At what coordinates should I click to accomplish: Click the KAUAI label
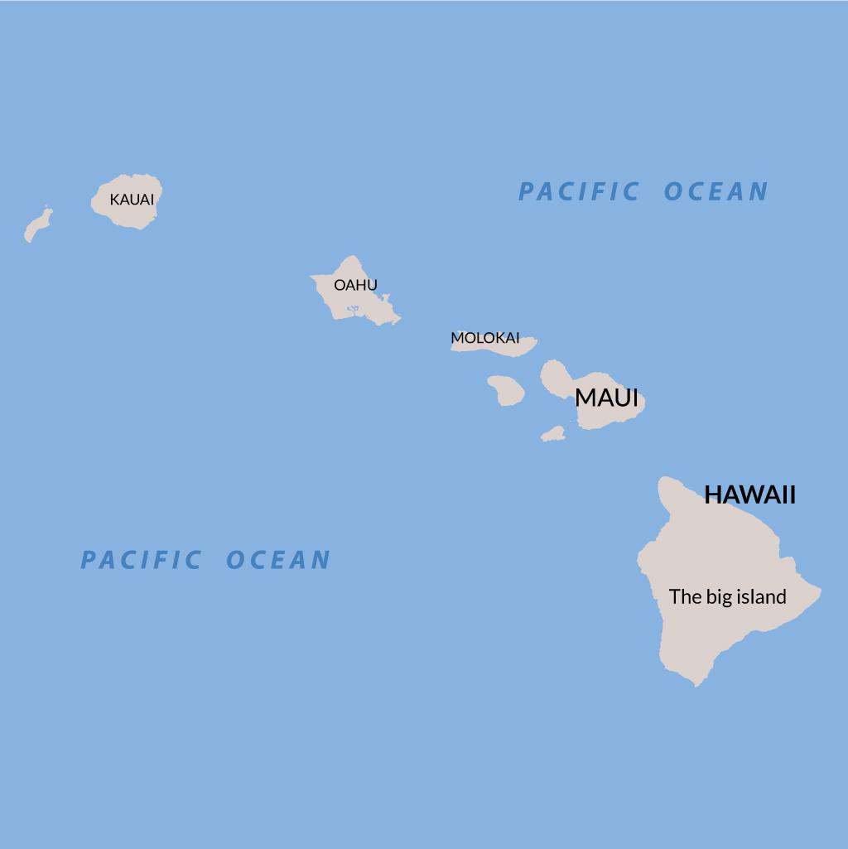point(132,200)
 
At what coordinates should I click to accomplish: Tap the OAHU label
point(355,285)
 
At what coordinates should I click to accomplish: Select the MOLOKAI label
point(484,338)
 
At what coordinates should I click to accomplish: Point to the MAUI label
point(606,398)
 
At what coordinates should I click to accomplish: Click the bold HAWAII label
point(749,494)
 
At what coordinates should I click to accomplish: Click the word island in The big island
point(763,596)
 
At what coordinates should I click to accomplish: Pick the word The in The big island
point(685,596)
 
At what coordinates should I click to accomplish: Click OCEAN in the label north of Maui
point(716,191)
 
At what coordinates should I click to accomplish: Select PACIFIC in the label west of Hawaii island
point(141,560)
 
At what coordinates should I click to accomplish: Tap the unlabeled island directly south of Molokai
point(506,390)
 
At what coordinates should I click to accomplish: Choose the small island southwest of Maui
point(553,434)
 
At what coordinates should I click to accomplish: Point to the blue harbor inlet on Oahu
point(354,311)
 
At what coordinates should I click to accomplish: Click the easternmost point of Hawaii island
point(819,591)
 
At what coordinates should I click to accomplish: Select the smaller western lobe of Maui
point(556,377)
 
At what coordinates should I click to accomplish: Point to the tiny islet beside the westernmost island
point(46,207)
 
